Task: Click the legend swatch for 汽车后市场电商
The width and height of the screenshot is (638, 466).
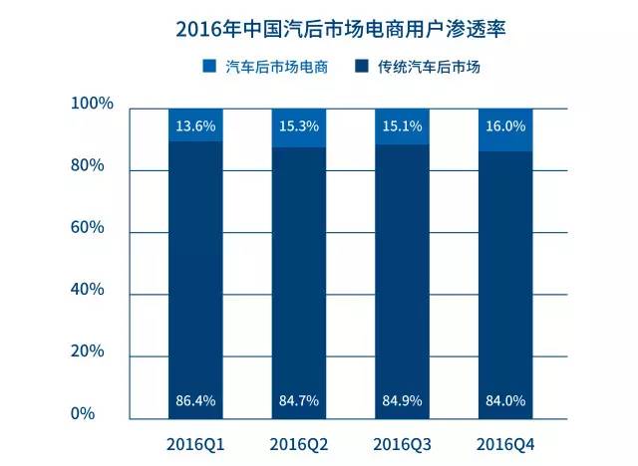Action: (208, 67)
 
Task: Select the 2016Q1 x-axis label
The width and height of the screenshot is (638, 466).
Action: (195, 440)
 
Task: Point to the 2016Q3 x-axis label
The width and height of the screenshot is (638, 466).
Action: (402, 440)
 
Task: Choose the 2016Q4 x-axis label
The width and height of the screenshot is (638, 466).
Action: (505, 440)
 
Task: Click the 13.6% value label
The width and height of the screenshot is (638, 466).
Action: (195, 125)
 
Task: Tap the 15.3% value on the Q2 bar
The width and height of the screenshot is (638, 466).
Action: (298, 125)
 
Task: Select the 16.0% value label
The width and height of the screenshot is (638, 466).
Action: (505, 125)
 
